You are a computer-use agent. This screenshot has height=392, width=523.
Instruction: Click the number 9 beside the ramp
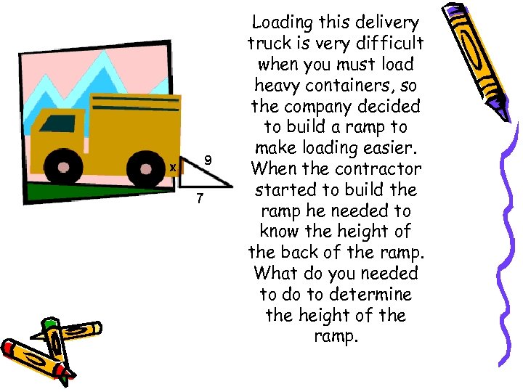[x=208, y=158]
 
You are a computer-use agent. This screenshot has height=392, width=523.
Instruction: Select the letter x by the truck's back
[x=172, y=168]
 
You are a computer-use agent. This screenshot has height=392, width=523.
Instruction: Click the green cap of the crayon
[x=49, y=324]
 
